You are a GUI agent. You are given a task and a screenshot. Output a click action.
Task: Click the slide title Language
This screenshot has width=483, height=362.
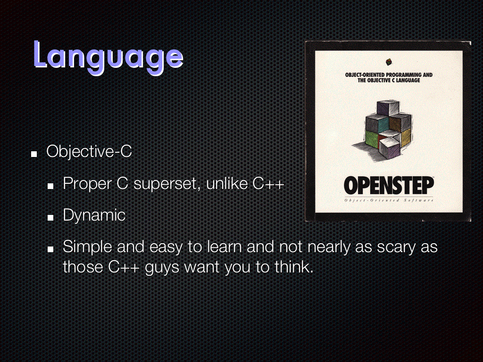pyautogui.click(x=108, y=57)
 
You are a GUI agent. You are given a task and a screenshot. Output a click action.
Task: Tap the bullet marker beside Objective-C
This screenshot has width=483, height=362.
pyautogui.click(x=34, y=154)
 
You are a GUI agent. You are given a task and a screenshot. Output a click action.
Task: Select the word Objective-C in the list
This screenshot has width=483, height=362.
pyautogui.click(x=89, y=152)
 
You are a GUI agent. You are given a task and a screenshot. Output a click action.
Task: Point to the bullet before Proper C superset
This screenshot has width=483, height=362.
pyautogui.click(x=50, y=186)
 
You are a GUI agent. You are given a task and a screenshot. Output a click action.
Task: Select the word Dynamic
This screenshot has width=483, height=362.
pyautogui.click(x=94, y=215)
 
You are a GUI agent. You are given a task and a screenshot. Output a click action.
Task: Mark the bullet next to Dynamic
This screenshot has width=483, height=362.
pyautogui.click(x=50, y=218)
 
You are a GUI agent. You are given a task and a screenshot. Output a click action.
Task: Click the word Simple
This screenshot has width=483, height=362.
pyautogui.click(x=87, y=247)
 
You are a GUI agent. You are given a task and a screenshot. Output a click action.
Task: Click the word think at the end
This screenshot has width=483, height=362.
pyautogui.click(x=294, y=266)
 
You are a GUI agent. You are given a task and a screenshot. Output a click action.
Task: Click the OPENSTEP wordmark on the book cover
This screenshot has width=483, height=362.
pyautogui.click(x=389, y=185)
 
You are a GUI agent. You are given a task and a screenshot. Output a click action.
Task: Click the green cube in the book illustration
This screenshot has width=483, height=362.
pyautogui.click(x=371, y=139)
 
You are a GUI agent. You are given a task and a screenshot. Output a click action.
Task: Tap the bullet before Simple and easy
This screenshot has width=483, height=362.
pyautogui.click(x=50, y=249)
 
